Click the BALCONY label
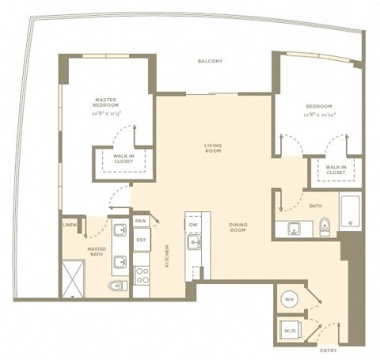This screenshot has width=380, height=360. point(210,61)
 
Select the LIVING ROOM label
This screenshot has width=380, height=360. point(212,150)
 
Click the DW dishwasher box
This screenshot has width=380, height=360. point(192,224)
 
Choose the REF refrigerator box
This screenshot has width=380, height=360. point(141,239)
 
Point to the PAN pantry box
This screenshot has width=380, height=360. point(141,221)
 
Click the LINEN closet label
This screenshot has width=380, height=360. point(70,225)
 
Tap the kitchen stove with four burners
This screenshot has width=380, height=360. point(142,276)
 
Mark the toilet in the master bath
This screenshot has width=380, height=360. point(116,286)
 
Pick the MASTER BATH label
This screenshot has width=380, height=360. point(96,252)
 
